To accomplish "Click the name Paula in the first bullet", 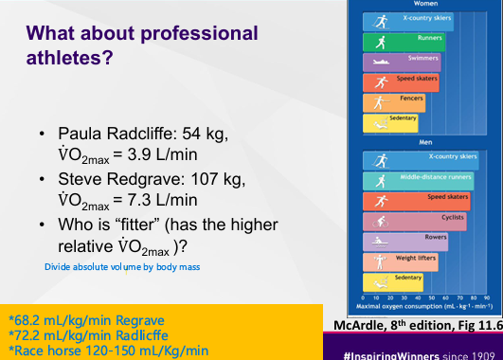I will click(x=81, y=133).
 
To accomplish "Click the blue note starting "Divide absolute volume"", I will click(x=122, y=267).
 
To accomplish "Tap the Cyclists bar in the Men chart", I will click(x=426, y=218).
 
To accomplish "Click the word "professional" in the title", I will click(x=198, y=34).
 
